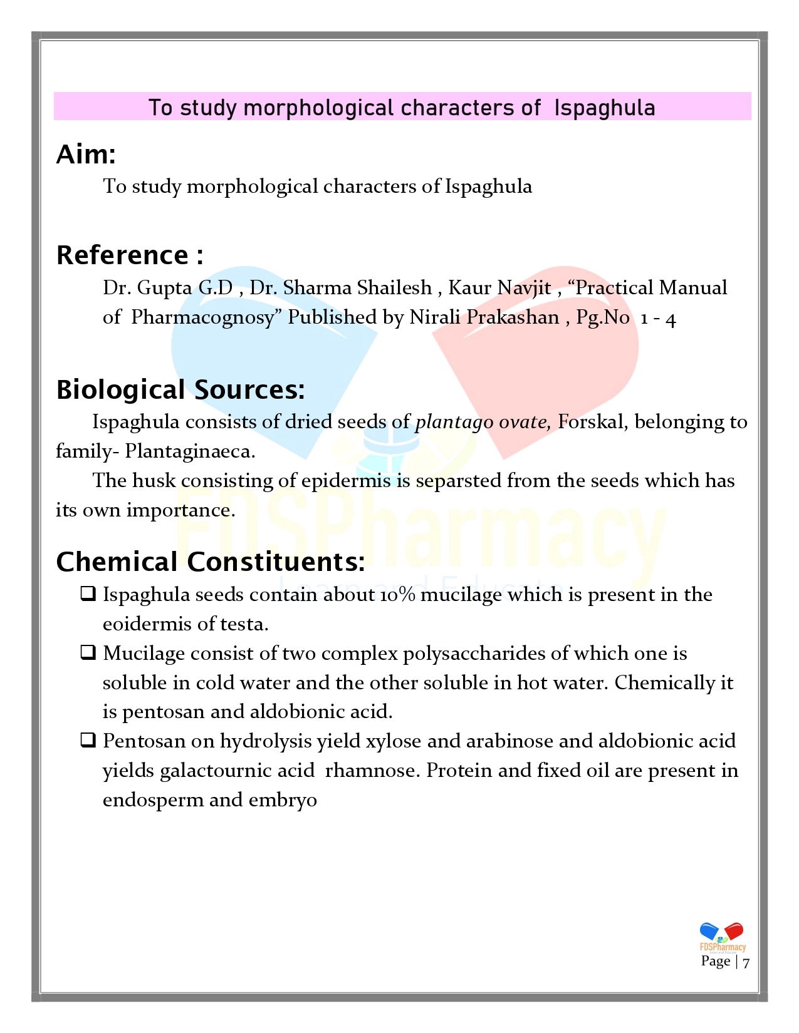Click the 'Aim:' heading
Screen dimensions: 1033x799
click(86, 155)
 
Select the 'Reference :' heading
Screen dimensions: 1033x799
click(130, 255)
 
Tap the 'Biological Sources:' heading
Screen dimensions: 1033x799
click(180, 389)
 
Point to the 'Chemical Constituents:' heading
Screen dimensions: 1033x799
click(211, 562)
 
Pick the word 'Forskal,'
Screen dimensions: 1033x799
click(593, 422)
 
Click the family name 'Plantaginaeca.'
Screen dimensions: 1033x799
click(190, 451)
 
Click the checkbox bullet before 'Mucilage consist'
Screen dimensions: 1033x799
click(88, 653)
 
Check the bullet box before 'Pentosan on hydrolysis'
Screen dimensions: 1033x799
click(88, 741)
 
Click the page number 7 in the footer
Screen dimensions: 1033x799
click(746, 962)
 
